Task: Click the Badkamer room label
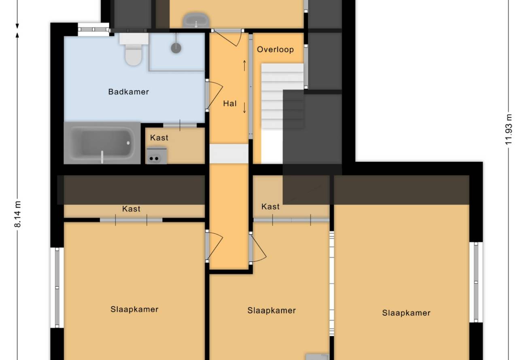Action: [128, 92]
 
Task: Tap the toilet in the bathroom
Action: [134, 49]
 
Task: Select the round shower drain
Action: [176, 48]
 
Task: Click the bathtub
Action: [102, 143]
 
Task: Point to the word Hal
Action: [230, 104]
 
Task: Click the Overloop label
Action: [275, 49]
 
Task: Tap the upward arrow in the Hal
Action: [244, 66]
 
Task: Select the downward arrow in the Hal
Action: [244, 108]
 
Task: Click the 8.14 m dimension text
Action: [18, 214]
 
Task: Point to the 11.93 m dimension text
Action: [508, 129]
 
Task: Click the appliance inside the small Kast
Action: [157, 155]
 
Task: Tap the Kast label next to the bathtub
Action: [159, 138]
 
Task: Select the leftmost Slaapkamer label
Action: [135, 309]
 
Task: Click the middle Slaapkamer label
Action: [271, 311]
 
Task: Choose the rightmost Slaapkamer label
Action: [406, 313]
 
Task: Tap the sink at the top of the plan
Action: [196, 20]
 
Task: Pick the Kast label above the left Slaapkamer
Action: [131, 209]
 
